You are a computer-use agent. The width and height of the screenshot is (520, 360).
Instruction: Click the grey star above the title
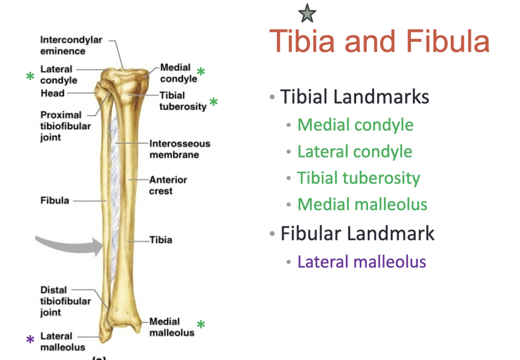pyautogui.click(x=307, y=14)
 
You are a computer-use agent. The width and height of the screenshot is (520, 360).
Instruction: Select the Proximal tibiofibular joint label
pyautogui.click(x=65, y=126)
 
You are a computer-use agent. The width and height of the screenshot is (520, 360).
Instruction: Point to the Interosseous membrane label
pyautogui.click(x=179, y=149)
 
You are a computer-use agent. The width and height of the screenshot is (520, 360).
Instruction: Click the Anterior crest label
pyautogui.click(x=168, y=185)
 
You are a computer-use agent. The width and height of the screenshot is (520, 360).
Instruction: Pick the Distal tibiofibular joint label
pyautogui.click(x=65, y=301)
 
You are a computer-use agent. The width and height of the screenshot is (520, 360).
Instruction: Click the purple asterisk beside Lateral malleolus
pyautogui.click(x=30, y=340)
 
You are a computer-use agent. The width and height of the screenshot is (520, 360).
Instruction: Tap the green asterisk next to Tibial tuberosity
pyautogui.click(x=213, y=102)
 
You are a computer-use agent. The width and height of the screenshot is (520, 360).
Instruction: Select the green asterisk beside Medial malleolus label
pyautogui.click(x=201, y=325)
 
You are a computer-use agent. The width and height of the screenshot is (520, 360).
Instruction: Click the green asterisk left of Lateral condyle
pyautogui.click(x=30, y=76)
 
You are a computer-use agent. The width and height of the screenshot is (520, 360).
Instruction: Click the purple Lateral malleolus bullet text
pyautogui.click(x=361, y=261)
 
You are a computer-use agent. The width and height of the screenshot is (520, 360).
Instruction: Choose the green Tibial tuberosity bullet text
pyautogui.click(x=359, y=178)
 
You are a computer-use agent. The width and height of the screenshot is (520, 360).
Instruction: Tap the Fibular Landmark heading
pyautogui.click(x=357, y=233)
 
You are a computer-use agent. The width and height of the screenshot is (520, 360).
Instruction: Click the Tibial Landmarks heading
pyautogui.click(x=354, y=97)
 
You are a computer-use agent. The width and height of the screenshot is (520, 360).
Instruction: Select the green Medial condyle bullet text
pyautogui.click(x=355, y=125)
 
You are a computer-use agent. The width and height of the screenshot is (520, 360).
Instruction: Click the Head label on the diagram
pyautogui.click(x=53, y=93)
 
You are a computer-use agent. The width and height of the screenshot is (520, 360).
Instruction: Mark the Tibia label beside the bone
pyautogui.click(x=161, y=240)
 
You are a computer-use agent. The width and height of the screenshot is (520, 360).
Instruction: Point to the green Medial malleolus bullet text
pyautogui.click(x=362, y=205)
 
